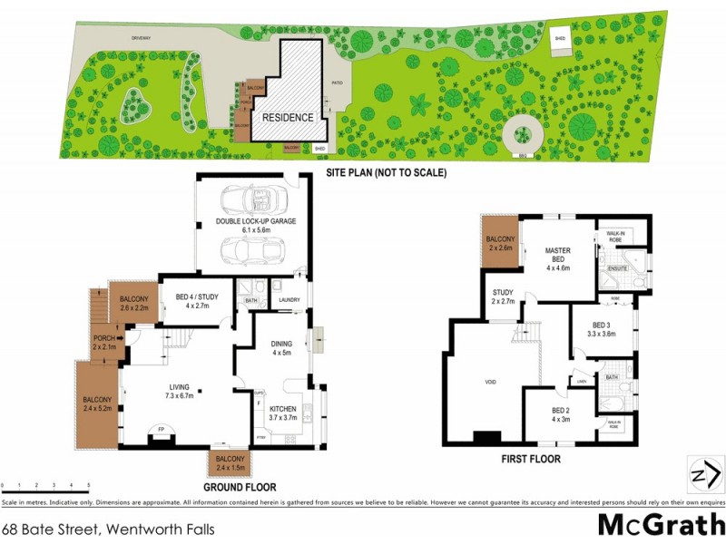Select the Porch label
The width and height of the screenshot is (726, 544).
click(x=103, y=341)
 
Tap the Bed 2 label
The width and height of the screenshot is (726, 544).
click(x=560, y=413)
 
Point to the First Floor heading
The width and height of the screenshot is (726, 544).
click(x=531, y=460)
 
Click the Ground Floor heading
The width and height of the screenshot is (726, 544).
click(x=239, y=487)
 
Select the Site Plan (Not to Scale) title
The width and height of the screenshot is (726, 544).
click(x=386, y=172)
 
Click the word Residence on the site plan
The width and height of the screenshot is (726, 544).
click(x=289, y=118)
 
